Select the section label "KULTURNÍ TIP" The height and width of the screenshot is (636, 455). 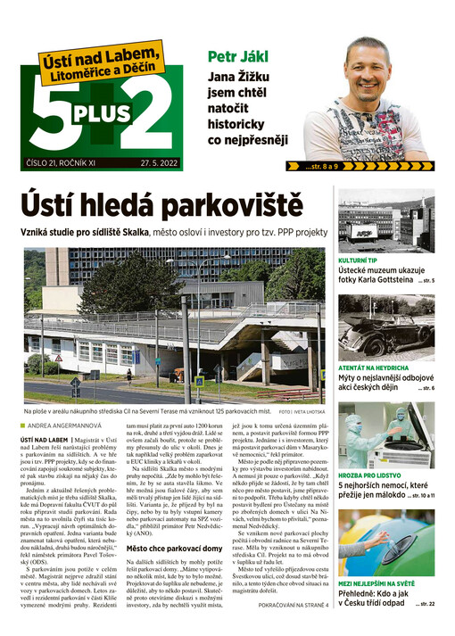(x=361, y=260)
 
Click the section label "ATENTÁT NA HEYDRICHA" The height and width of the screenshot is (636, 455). (x=374, y=368)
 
